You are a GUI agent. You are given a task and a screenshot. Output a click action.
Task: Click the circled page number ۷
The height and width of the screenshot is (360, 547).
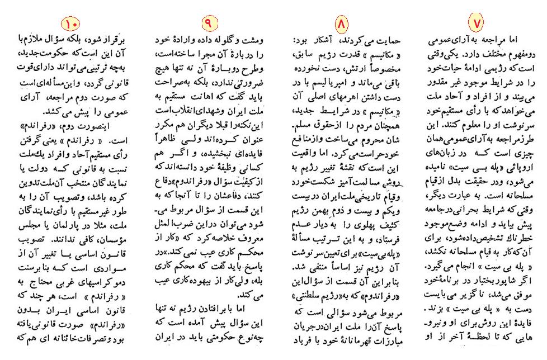[476, 22]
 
